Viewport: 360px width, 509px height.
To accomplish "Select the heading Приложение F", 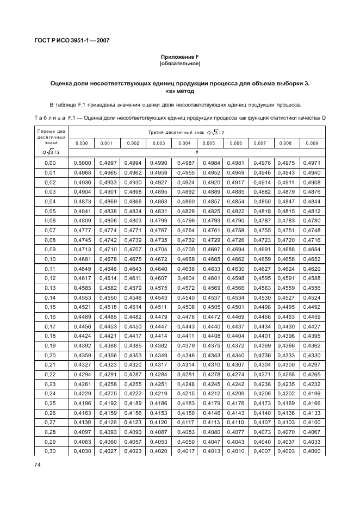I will (x=179, y=57).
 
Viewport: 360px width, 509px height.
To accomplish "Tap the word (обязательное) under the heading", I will (x=179, y=64).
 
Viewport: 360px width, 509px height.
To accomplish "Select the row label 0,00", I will (x=50, y=163).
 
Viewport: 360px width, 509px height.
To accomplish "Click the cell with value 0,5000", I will (x=82, y=163).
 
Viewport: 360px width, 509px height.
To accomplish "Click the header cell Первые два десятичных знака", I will (x=50, y=136).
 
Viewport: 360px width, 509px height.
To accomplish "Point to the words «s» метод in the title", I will (x=179, y=91).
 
